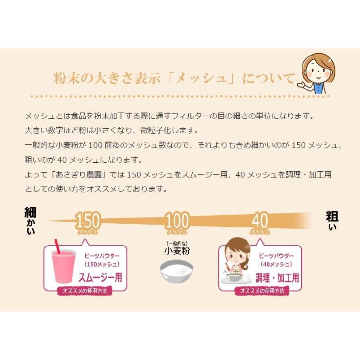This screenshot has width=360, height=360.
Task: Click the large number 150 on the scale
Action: (x=88, y=220)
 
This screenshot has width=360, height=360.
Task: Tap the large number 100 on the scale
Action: (x=177, y=220)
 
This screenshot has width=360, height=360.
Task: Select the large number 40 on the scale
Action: (x=260, y=220)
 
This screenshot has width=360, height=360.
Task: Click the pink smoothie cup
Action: (x=63, y=266)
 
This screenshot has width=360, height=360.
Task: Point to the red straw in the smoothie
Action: (x=57, y=246)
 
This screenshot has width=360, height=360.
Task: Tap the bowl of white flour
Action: (x=177, y=271)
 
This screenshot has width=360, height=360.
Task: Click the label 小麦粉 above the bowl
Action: (x=177, y=251)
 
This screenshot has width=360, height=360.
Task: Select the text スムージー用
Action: (x=100, y=278)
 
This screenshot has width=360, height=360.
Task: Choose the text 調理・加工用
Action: (x=278, y=278)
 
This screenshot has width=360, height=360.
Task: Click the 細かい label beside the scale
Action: (x=30, y=221)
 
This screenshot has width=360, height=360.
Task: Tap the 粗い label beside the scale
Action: (x=332, y=221)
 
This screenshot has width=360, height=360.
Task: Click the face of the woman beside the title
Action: (x=319, y=69)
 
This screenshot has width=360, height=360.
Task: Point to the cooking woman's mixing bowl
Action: (x=234, y=276)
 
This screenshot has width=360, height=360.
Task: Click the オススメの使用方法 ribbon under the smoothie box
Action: (x=85, y=291)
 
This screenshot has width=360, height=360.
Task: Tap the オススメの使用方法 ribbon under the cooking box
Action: (x=262, y=291)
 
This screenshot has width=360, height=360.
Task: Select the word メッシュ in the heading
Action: (x=201, y=78)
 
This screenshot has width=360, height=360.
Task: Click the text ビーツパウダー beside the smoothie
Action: (x=102, y=256)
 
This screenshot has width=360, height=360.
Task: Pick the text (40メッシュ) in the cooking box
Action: (x=277, y=264)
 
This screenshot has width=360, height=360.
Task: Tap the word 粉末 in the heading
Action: (x=66, y=78)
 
